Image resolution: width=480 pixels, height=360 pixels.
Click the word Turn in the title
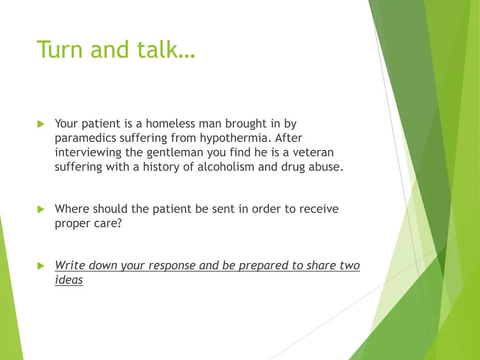point(60,49)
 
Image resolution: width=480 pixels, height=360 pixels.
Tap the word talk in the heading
point(162,49)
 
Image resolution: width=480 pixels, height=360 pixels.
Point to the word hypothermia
point(236,138)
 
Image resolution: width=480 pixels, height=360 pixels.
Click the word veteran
point(313,152)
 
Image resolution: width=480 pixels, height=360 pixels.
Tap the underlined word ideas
point(69,280)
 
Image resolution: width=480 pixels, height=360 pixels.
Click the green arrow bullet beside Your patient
point(41,124)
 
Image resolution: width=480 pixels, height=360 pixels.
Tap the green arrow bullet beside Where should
point(41,210)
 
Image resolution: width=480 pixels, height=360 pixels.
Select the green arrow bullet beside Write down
point(41,266)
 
